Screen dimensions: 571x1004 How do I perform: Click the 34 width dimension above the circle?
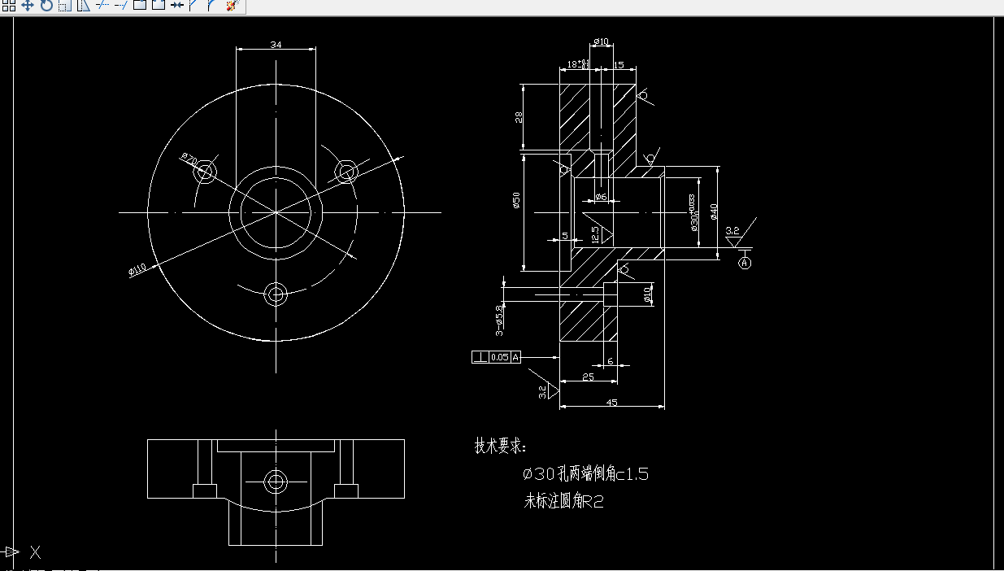pos(276,46)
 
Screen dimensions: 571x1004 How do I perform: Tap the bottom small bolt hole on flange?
pos(276,294)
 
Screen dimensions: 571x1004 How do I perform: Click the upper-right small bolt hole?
pos(347,172)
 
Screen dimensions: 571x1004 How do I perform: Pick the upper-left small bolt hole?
pos(206,172)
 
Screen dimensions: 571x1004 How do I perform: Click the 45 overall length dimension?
pos(611,402)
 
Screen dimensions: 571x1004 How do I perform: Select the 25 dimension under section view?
pos(588,377)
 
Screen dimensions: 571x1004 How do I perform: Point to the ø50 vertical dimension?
pos(516,201)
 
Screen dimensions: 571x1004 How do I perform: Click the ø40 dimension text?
pos(714,211)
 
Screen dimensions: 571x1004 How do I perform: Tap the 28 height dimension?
pos(519,116)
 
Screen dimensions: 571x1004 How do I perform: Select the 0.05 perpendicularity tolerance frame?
pos(499,357)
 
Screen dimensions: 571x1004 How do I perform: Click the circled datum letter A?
pos(745,262)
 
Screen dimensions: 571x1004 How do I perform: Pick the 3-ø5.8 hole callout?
pos(499,318)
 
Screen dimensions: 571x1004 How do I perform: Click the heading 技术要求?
pos(501,446)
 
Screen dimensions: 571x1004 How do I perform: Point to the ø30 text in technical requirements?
pos(537,474)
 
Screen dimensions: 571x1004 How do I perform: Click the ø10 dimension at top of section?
pos(601,41)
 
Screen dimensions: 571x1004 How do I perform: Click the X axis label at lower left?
pos(36,552)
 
